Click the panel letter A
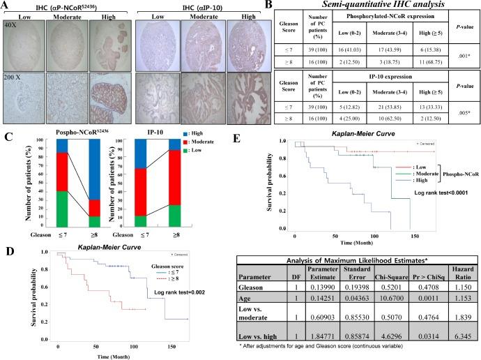[6, 6]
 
